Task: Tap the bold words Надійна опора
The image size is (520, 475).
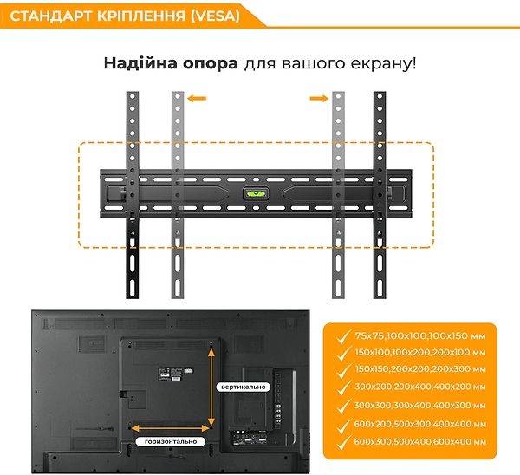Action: (170, 64)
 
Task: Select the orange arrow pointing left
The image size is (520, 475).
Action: (198, 100)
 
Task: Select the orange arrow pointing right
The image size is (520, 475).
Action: (320, 100)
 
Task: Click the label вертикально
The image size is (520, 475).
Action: (244, 386)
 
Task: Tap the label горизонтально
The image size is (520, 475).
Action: (171, 441)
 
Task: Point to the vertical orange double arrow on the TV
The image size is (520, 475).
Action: (211, 386)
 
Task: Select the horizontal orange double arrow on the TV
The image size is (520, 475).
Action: (171, 427)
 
